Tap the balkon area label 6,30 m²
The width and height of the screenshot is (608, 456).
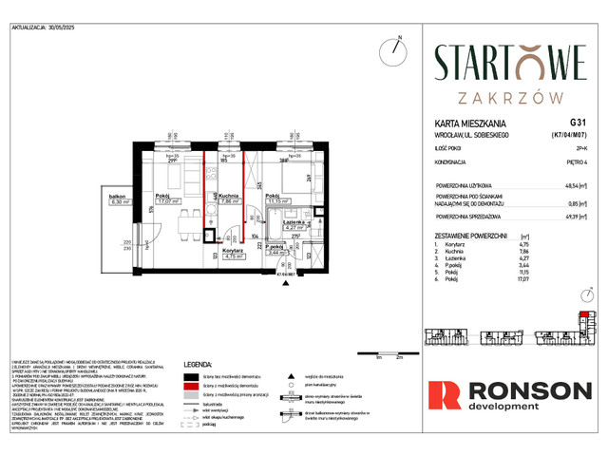pyautogui.click(x=120, y=202)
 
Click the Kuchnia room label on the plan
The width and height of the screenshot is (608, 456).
pyautogui.click(x=227, y=195)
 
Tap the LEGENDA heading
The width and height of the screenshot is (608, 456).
pyautogui.click(x=197, y=363)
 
